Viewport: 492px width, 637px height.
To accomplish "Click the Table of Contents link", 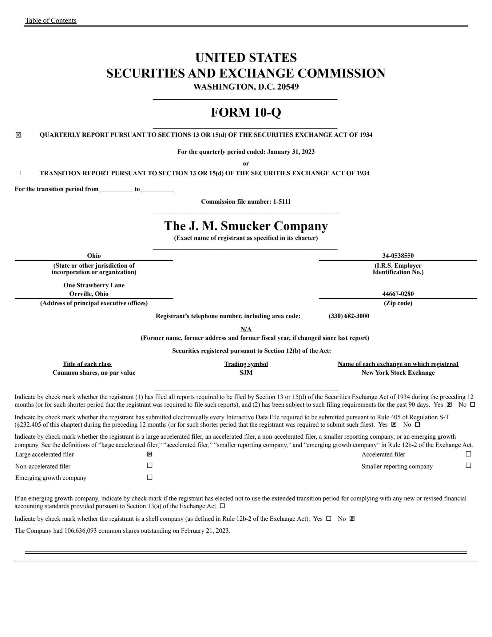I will tap(51, 21).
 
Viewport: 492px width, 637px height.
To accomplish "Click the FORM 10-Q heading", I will tap(246, 112).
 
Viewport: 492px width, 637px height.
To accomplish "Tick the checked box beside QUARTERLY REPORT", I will tap(18, 135).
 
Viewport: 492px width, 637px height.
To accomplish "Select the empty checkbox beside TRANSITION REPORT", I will tap(18, 173).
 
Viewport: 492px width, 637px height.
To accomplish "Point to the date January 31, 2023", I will tap(291, 152).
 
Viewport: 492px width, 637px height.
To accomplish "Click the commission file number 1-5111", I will tap(282, 202).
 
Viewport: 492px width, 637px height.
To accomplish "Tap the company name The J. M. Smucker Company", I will tap(246, 226).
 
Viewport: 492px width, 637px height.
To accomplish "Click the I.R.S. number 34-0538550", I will tap(398, 256).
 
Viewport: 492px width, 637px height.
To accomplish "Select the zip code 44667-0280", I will tap(398, 294).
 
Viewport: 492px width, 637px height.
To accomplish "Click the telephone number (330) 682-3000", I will tap(349, 316).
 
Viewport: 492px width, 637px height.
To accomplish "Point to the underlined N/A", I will tap(246, 329).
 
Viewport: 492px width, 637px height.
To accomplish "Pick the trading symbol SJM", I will tap(246, 373).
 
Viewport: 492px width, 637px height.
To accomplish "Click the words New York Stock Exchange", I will tap(398, 373).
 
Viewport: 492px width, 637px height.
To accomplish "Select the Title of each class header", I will tap(87, 364).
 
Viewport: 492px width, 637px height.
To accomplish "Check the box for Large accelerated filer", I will tap(149, 454).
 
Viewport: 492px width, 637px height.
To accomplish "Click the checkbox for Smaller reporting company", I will tap(468, 466).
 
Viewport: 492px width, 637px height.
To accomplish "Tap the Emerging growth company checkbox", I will tap(149, 477).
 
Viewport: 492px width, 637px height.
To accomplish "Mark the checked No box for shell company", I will tap(352, 519).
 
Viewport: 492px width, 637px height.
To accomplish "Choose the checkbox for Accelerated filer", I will tap(468, 454).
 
